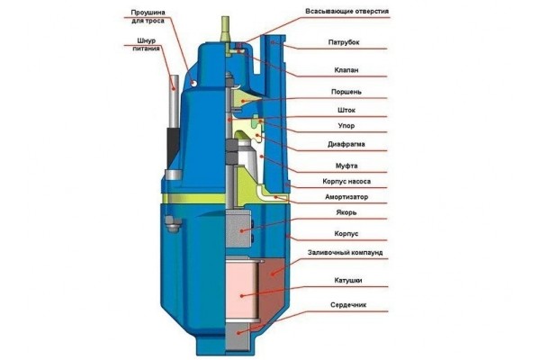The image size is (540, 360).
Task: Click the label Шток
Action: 324,111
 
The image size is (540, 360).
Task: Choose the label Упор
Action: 324,126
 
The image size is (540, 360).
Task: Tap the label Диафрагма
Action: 335,143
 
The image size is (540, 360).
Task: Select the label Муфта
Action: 326,166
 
